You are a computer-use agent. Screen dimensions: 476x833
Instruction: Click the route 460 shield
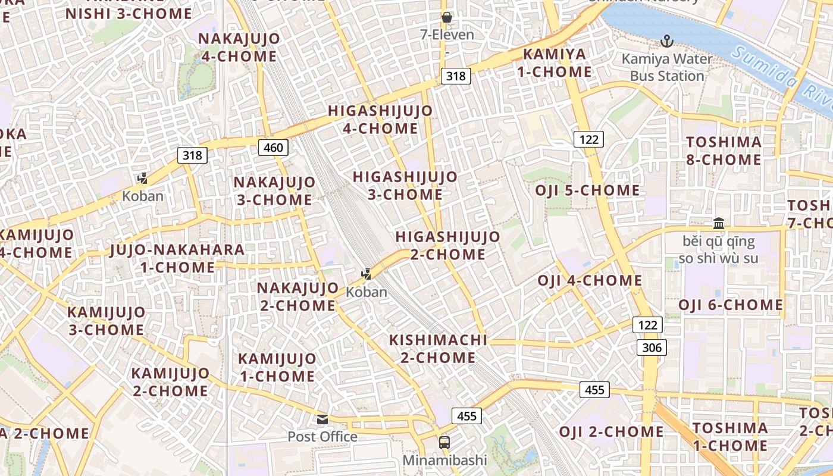pyautogui.click(x=273, y=147)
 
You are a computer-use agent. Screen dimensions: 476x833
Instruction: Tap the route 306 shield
pyautogui.click(x=652, y=347)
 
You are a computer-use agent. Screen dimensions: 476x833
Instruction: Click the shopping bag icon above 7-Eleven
pyautogui.click(x=447, y=17)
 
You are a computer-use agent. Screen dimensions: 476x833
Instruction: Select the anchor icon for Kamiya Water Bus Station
pyautogui.click(x=667, y=41)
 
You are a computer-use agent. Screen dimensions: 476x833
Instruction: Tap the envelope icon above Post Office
pyautogui.click(x=322, y=419)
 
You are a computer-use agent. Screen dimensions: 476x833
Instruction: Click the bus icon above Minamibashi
pyautogui.click(x=444, y=442)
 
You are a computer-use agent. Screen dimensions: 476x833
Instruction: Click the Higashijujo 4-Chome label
pyautogui.click(x=380, y=120)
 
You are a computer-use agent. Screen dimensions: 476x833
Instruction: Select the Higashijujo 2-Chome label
pyautogui.click(x=448, y=246)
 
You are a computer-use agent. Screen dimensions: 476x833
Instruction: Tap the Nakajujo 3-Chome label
pyautogui.click(x=274, y=191)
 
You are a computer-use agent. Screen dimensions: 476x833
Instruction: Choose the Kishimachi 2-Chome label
pyautogui.click(x=438, y=349)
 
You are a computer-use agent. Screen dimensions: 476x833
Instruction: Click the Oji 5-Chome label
pyautogui.click(x=587, y=190)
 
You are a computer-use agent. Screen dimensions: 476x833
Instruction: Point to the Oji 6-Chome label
pyautogui.click(x=731, y=305)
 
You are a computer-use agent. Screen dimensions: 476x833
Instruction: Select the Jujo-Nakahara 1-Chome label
pyautogui.click(x=177, y=258)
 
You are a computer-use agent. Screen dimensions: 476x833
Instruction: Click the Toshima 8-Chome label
pyautogui.click(x=724, y=151)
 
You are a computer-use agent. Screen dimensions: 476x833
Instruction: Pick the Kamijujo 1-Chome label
pyautogui.click(x=277, y=367)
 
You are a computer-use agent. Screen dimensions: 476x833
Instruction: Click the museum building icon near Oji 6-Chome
pyautogui.click(x=719, y=224)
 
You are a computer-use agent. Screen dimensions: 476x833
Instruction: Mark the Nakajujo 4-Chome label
pyautogui.click(x=239, y=48)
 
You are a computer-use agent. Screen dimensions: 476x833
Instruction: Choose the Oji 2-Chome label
pyautogui.click(x=611, y=431)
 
